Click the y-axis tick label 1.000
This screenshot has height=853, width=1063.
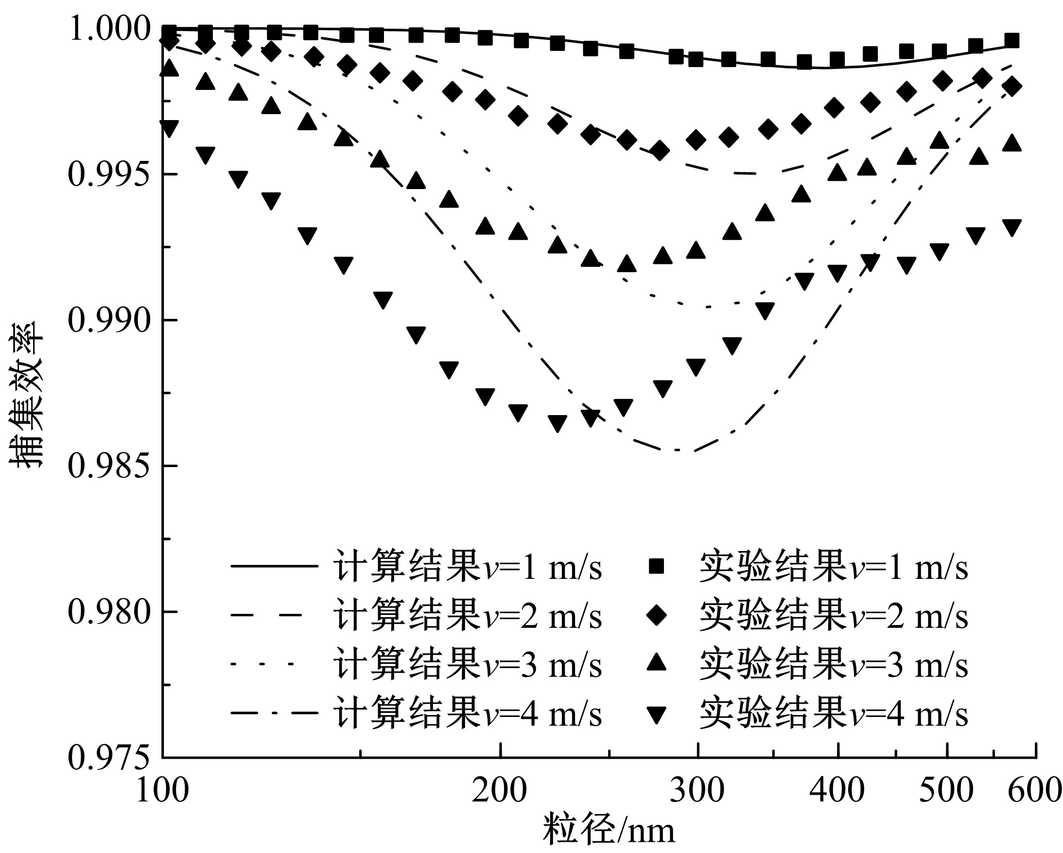108,29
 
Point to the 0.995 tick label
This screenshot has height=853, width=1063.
108,174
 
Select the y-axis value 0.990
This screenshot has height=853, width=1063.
108,320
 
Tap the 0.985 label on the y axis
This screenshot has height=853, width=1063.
108,466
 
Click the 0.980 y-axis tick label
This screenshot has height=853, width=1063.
108,611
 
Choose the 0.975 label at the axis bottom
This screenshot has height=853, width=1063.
108,757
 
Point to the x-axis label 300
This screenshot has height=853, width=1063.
697,790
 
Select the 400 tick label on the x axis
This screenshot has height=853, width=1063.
837,790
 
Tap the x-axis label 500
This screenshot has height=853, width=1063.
946,790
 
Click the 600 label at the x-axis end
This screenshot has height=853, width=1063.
1034,790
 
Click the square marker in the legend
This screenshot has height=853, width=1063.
656,567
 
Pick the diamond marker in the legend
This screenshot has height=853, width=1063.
656,616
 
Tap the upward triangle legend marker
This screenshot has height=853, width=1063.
656,663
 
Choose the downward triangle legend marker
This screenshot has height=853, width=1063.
656,714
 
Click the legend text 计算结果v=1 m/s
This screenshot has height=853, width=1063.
468,567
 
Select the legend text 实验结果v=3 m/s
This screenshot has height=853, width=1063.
834,664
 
